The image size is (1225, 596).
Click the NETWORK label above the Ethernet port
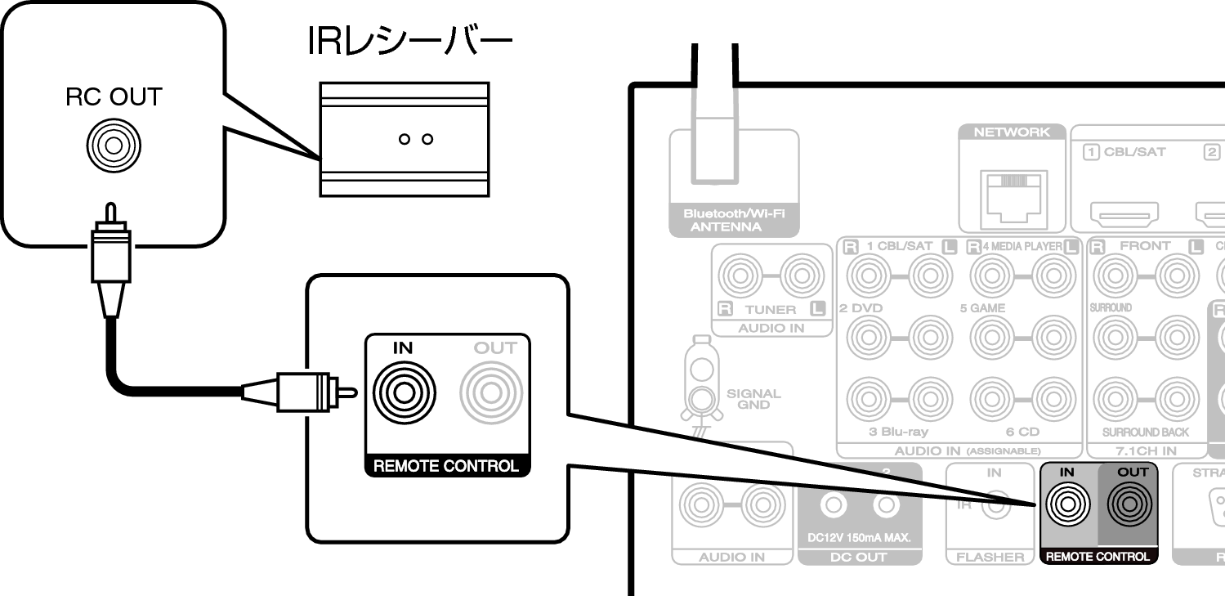(x=1012, y=132)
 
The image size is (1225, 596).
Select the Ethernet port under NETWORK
(x=1013, y=199)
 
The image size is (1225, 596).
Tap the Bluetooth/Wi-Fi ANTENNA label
(x=734, y=221)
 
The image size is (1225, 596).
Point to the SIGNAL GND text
(x=753, y=399)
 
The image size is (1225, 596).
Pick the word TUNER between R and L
(x=770, y=309)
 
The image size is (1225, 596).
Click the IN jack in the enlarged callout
(x=404, y=392)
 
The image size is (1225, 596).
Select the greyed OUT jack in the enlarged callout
(x=491, y=392)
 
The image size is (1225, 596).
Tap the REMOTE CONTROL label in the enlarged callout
(x=445, y=466)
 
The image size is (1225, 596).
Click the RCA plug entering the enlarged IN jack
(x=302, y=392)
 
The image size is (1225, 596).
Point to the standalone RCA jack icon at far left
(x=114, y=146)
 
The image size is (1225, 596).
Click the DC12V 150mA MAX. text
(x=859, y=538)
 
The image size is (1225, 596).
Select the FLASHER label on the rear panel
(x=990, y=557)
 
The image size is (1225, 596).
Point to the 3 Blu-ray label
(x=898, y=432)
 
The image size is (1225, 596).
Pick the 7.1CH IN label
(x=1147, y=450)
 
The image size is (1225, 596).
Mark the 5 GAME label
(x=982, y=308)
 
